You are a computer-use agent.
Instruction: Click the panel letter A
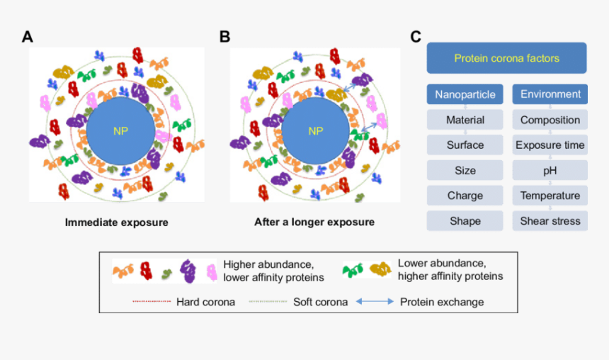click(28, 37)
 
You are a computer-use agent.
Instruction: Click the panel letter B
click(224, 37)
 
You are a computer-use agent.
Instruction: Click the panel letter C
click(416, 37)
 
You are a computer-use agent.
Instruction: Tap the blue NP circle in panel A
click(120, 131)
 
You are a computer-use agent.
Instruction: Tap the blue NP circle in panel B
click(315, 131)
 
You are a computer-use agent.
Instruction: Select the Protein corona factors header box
click(506, 58)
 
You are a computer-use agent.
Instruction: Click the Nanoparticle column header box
click(465, 94)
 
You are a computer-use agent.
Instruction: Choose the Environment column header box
click(550, 94)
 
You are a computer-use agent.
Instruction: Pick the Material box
click(465, 120)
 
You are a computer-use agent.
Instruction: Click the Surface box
click(465, 145)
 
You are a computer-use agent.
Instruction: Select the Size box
click(465, 170)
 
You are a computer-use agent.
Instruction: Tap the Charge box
click(465, 196)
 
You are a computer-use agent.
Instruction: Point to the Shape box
click(465, 221)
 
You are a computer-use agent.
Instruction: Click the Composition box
click(550, 120)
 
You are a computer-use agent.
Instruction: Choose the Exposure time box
click(550, 145)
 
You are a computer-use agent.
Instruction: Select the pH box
click(550, 170)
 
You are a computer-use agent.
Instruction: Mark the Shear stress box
click(550, 221)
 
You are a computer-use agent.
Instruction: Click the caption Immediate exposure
click(117, 223)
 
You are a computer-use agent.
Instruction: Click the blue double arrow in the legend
click(374, 302)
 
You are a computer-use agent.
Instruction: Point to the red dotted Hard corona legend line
click(152, 302)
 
